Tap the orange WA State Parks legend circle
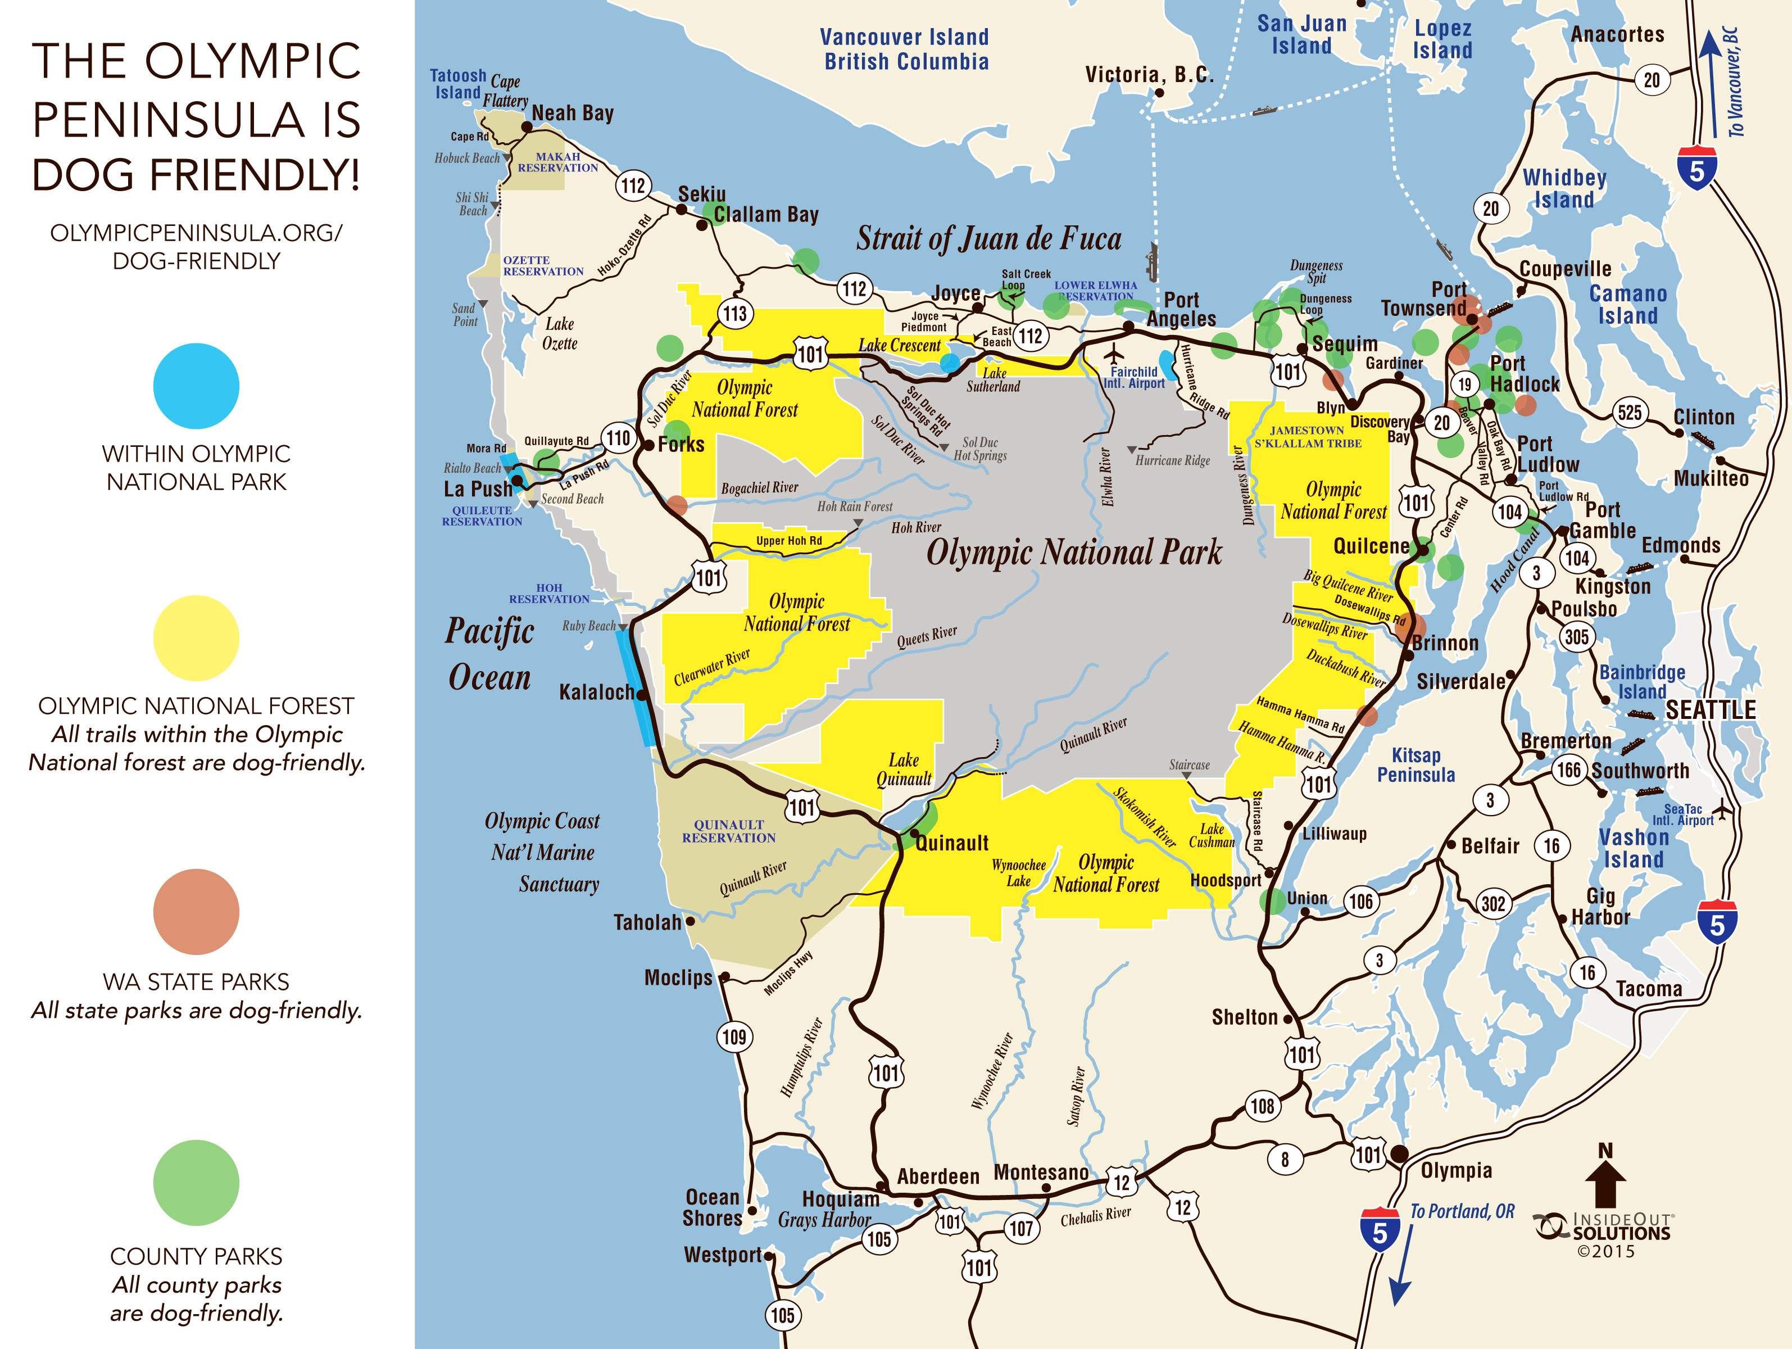pos(196,912)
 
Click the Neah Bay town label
pos(572,114)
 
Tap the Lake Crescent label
pos(899,345)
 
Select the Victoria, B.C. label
pos(1149,75)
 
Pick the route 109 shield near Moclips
pos(734,1036)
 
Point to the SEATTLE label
pos(1710,710)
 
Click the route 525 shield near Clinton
pos(1629,413)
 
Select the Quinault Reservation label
pos(728,831)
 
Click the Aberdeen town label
pos(938,1176)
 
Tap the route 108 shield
pos(1262,1106)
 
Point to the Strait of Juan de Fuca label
pos(988,239)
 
